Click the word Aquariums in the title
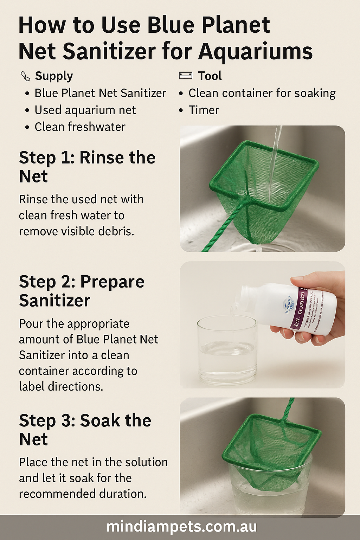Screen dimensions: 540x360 (255, 51)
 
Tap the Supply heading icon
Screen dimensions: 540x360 (25, 76)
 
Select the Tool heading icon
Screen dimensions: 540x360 (185, 76)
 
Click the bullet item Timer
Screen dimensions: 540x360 (204, 110)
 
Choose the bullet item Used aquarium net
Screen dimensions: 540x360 (85, 110)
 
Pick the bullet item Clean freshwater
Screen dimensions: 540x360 (80, 127)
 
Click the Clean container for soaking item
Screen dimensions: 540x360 (262, 93)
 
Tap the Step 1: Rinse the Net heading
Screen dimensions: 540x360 (87, 167)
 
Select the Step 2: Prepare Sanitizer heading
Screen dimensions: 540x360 (81, 291)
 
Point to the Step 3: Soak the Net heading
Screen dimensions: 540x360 (85, 429)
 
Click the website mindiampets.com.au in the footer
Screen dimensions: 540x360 (181, 527)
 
